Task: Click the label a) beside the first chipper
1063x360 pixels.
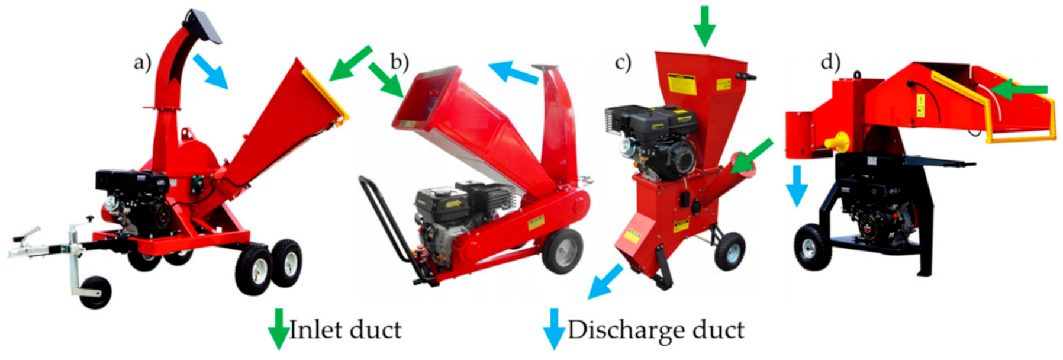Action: [143, 62]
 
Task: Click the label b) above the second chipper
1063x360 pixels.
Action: [400, 62]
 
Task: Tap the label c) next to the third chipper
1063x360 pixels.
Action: [623, 62]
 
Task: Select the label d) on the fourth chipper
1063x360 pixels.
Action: [830, 61]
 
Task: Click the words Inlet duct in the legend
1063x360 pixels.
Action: [345, 329]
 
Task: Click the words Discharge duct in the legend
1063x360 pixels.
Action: [656, 330]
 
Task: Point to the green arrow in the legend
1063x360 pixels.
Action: [278, 329]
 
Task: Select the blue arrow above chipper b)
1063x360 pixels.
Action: [514, 72]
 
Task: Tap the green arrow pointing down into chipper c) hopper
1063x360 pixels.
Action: [704, 25]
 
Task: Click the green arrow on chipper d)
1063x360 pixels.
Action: [1019, 89]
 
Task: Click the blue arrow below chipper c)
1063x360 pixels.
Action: [605, 282]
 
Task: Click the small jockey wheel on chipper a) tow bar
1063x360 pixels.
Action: [95, 292]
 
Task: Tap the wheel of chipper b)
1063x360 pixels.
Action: [562, 250]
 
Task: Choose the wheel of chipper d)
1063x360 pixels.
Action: [813, 247]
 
